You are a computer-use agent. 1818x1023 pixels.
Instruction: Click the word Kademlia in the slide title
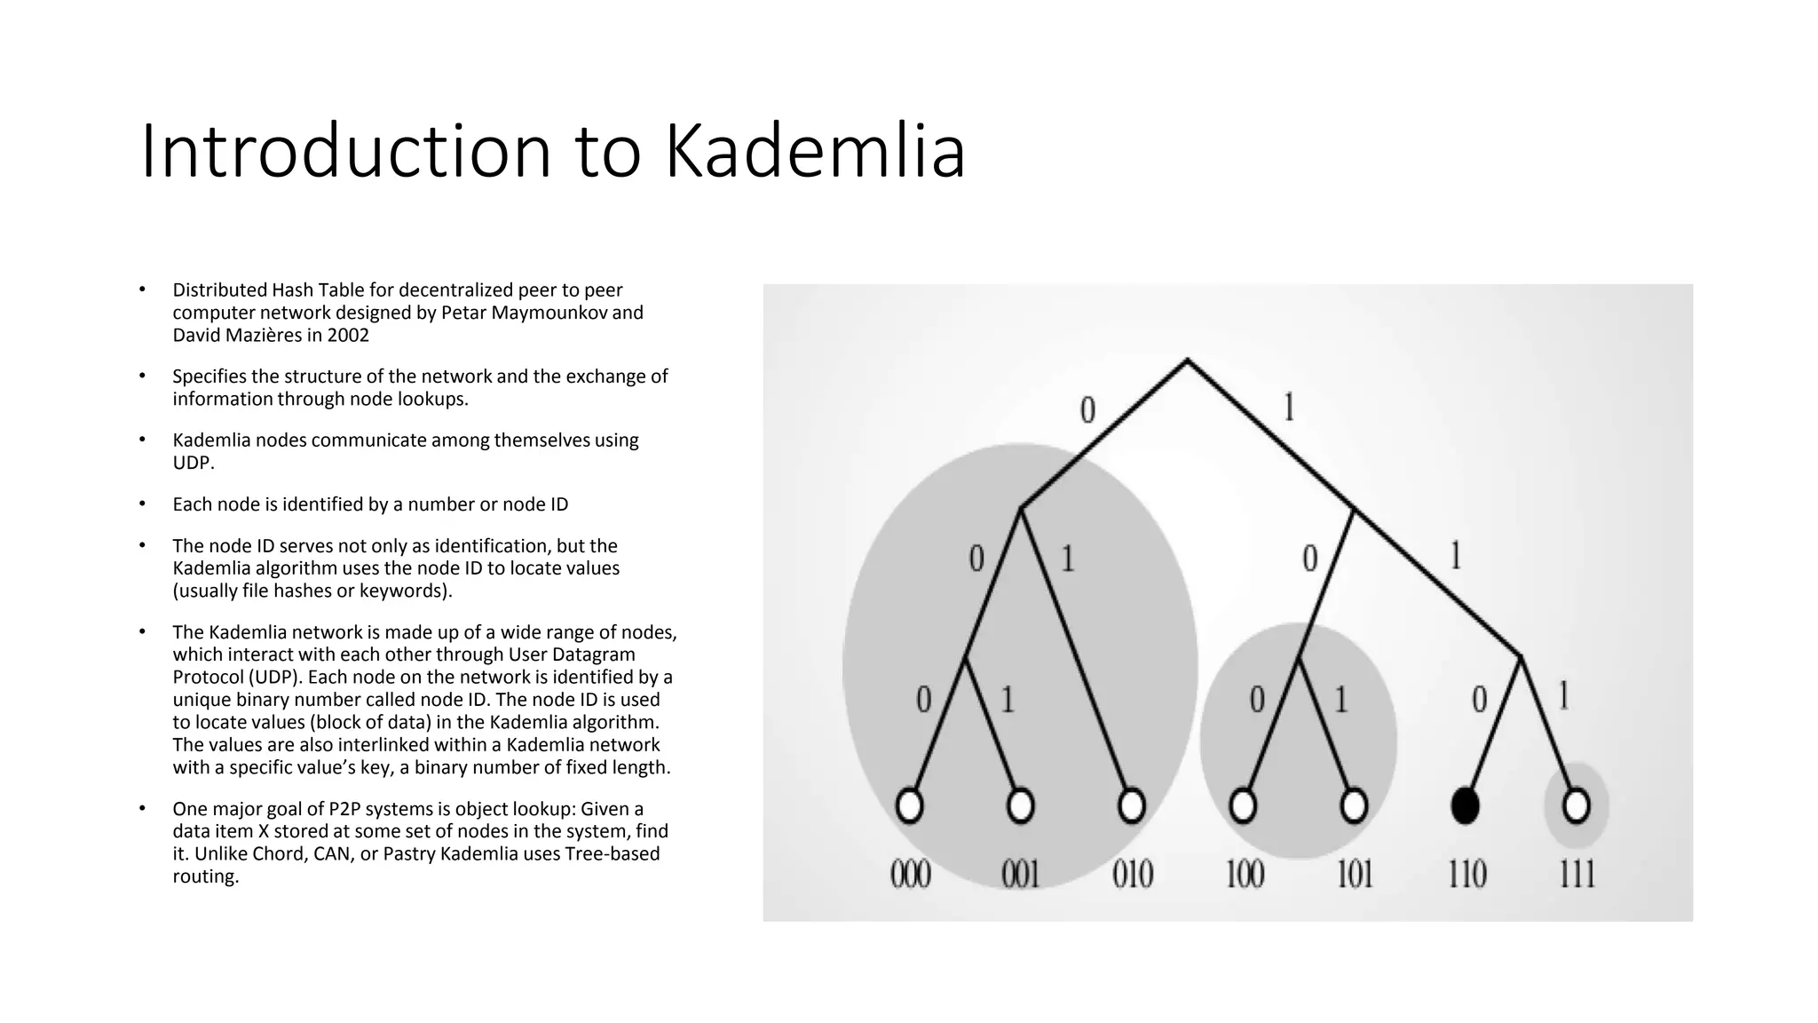pyautogui.click(x=815, y=151)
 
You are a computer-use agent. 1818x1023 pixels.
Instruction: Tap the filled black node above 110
pyautogui.click(x=1465, y=805)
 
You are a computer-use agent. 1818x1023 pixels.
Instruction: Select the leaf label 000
pyautogui.click(x=910, y=875)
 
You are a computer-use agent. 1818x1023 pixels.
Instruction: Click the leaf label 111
pyautogui.click(x=1577, y=875)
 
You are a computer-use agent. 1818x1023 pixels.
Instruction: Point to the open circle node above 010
pyautogui.click(x=1131, y=805)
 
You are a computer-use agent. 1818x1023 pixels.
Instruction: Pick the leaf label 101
pyautogui.click(x=1355, y=875)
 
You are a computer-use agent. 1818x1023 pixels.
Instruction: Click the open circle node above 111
pyautogui.click(x=1576, y=805)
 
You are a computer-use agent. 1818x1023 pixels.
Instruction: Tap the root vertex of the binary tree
pyautogui.click(x=1187, y=360)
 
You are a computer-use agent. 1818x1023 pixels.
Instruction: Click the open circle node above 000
pyautogui.click(x=909, y=805)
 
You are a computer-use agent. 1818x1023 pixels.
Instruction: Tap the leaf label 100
pyautogui.click(x=1244, y=875)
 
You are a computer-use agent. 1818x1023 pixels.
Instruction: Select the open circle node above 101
pyautogui.click(x=1354, y=805)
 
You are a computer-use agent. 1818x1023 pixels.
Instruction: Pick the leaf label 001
pyautogui.click(x=1021, y=875)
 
